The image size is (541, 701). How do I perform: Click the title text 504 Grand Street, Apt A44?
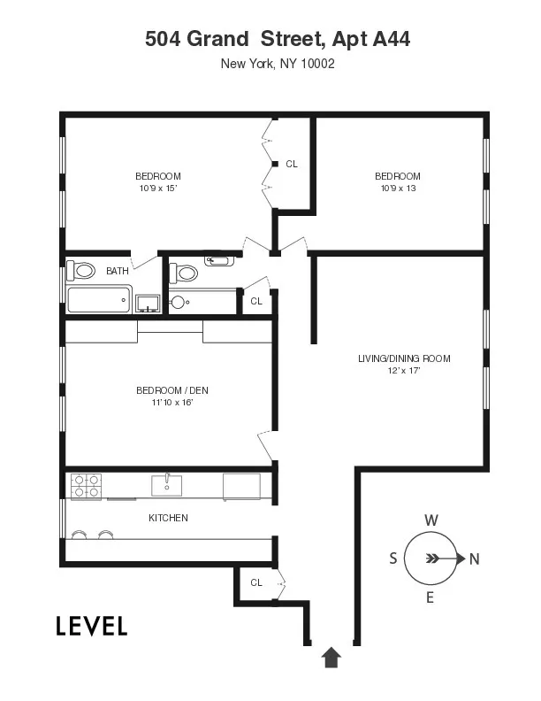(277, 39)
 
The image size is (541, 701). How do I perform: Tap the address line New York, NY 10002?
(277, 64)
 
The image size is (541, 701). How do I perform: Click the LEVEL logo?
(92, 626)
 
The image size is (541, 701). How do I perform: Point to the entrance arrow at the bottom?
(331, 656)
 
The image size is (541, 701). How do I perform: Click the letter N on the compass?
(474, 558)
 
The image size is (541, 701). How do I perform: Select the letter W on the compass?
(431, 520)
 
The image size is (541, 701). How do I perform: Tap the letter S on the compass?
(392, 558)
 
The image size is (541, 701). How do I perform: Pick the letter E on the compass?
(431, 597)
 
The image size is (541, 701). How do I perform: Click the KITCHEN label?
(168, 518)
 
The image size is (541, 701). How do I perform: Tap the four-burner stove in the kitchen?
(86, 486)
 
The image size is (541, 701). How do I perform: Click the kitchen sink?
(166, 485)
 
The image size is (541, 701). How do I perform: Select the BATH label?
(117, 272)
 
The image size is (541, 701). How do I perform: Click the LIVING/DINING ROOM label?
(403, 358)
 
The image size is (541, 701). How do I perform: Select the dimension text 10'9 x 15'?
(158, 188)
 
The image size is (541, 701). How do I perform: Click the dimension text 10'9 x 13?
(397, 188)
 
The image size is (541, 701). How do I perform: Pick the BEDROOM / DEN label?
(171, 390)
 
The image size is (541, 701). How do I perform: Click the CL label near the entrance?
(256, 582)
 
